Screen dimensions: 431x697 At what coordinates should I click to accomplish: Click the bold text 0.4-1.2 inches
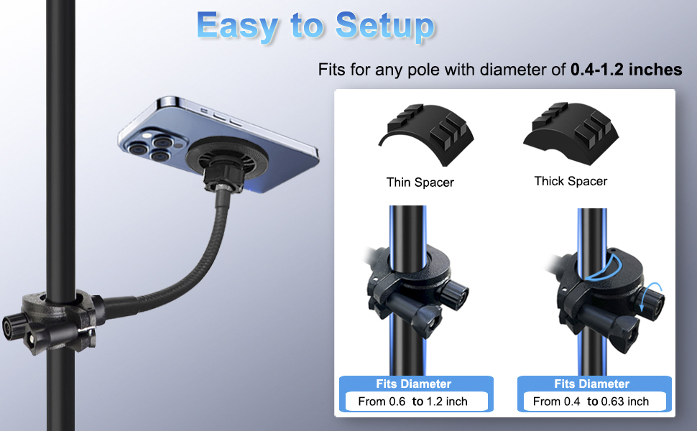pos(626,70)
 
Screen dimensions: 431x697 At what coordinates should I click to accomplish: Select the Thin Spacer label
pos(420,182)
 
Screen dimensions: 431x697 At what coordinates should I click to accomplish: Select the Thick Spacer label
pos(571,181)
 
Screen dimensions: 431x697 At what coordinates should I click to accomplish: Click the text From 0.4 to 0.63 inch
pos(591,402)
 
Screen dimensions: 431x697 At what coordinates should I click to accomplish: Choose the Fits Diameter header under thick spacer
pos(591,384)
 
